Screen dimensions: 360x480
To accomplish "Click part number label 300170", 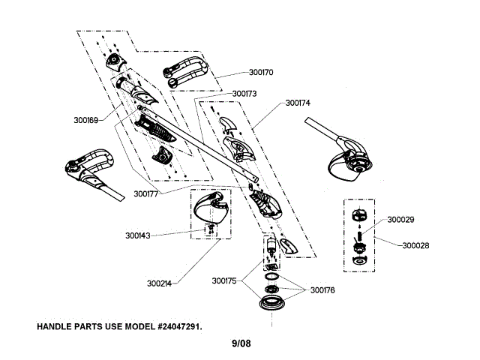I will point(262,73).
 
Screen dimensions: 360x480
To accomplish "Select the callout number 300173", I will point(244,94).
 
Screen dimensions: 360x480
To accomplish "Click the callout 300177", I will point(147,193).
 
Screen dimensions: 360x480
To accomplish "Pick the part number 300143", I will point(138,235).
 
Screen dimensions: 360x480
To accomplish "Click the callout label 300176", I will point(322,289).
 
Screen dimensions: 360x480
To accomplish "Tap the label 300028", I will point(415,245).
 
